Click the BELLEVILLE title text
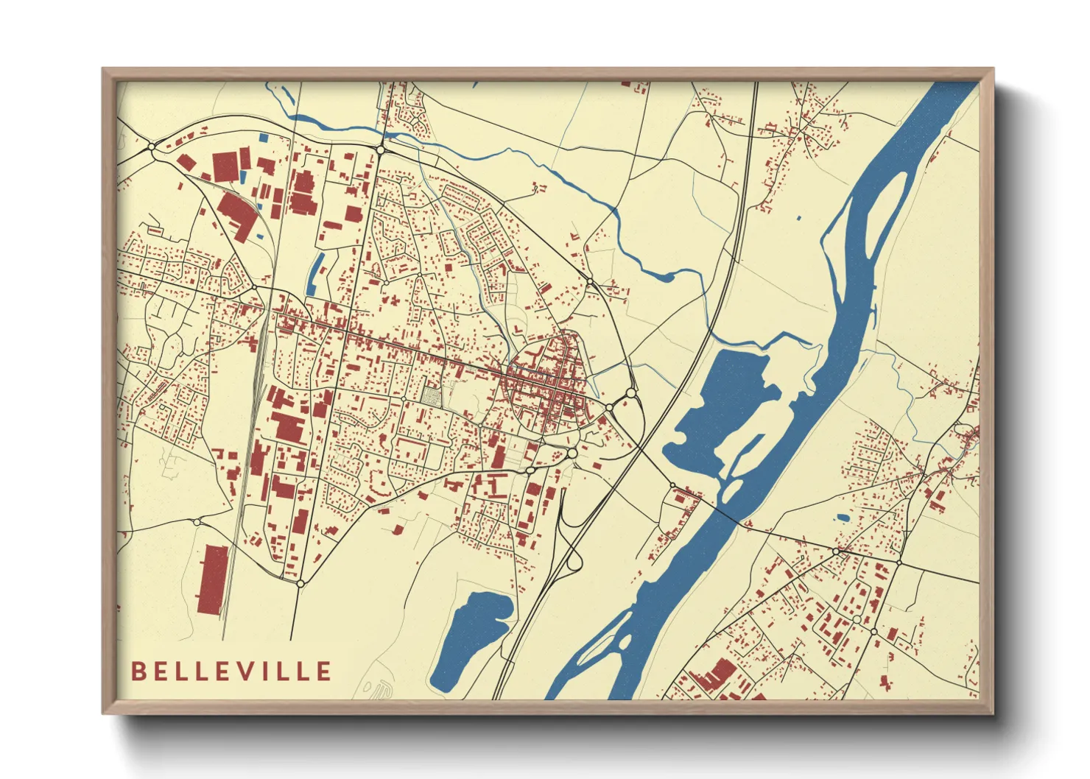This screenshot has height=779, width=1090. pos(231,672)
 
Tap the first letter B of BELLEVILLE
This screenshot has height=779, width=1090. pos(138,672)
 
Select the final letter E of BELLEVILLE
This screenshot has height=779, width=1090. pos(323,672)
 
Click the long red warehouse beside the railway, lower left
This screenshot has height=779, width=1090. pos(213,579)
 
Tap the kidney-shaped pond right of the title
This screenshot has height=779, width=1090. pos(471,637)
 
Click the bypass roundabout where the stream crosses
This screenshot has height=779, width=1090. pos(380,149)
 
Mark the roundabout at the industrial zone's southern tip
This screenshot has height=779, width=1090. pos(300,583)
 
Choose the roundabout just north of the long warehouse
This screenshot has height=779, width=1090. pos(197,522)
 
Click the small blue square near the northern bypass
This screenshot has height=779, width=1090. pos(264,137)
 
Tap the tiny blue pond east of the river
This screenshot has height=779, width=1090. pos(842,518)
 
